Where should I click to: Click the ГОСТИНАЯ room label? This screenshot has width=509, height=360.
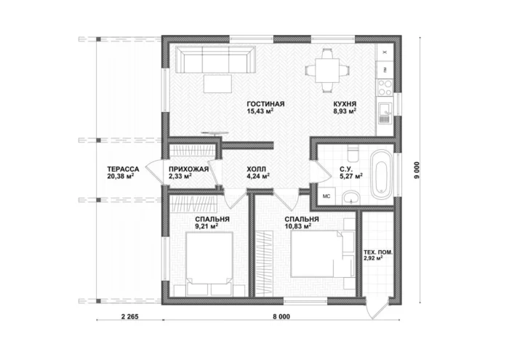pos(265,104)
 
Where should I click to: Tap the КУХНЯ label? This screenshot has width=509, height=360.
pos(345,104)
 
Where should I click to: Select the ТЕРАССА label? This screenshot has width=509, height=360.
pos(123,169)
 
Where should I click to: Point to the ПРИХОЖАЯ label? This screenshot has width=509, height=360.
pos(188,169)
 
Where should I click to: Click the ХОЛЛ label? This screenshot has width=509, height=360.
pos(256,169)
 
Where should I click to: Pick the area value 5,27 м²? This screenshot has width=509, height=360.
pos(351,176)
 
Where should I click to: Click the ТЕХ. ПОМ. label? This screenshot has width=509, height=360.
pos(379,252)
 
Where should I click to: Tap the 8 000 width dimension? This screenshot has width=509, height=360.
pos(281,316)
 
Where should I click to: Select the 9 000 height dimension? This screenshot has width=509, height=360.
pos(417,170)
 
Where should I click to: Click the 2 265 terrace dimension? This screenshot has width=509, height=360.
pos(130,316)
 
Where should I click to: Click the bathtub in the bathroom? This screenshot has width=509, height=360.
pos(382,175)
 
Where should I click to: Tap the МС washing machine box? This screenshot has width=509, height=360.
pos(326,196)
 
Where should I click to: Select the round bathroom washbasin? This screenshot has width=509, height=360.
pos(350,197)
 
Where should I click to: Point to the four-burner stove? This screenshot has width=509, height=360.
pos(385,88)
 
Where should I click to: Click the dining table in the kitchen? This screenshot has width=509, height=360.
pos(327,70)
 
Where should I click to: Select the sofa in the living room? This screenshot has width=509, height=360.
pos(215,60)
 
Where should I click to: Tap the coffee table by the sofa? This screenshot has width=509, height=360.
pos(217,84)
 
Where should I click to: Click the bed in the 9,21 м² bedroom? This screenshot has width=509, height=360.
pos(209,259)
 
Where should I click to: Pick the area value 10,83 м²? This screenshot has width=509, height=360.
pos(298,226)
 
